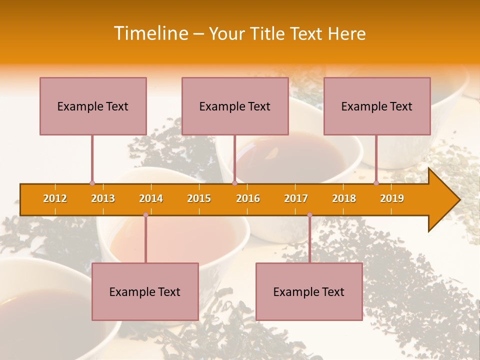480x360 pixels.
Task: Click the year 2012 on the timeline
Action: tap(55, 198)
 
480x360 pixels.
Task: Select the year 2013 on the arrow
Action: tap(103, 198)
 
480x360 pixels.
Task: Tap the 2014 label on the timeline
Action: tap(151, 198)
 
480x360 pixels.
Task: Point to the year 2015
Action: tap(199, 198)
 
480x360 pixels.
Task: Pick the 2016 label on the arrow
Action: tap(248, 198)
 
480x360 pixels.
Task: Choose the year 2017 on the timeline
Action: tap(296, 198)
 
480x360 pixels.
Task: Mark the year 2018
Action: tap(344, 198)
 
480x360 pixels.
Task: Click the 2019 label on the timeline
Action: tap(392, 198)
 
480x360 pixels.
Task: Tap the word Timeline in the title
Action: tap(150, 33)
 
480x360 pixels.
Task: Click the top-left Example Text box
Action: tap(93, 106)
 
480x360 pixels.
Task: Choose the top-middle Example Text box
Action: tap(235, 106)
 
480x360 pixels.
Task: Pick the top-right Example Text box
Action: tap(377, 106)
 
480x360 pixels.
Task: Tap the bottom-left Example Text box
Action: tap(145, 291)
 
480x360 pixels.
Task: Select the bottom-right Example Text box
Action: tap(309, 291)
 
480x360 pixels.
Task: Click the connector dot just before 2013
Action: tap(92, 183)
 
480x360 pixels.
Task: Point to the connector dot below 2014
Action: tap(145, 214)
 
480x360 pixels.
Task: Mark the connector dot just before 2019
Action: tap(376, 183)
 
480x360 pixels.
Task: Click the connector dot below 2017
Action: tap(309, 214)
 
